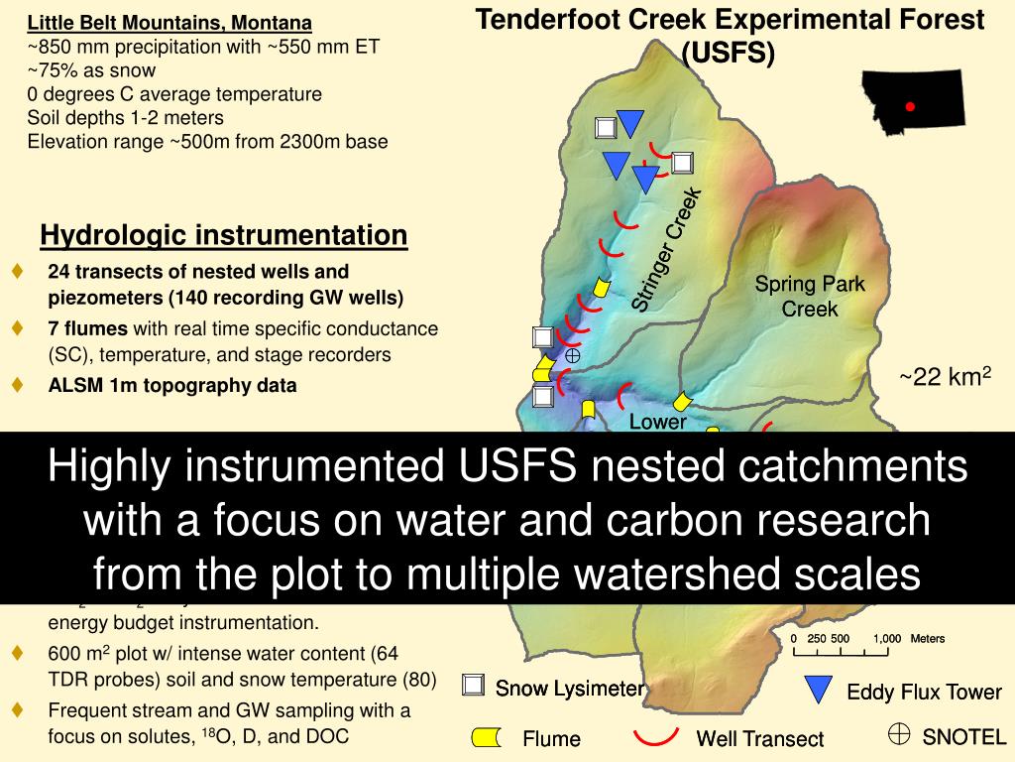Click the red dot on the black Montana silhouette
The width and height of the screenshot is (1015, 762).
click(x=910, y=106)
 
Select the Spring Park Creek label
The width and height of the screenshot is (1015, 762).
click(x=810, y=297)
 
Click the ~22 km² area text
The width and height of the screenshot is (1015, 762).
click(x=945, y=377)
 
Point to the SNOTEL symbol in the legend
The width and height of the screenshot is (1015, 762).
click(x=898, y=733)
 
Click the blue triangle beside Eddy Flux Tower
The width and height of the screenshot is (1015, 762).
click(x=819, y=690)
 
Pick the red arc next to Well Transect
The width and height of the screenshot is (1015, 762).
click(x=656, y=735)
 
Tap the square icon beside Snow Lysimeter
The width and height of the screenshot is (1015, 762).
click(x=475, y=686)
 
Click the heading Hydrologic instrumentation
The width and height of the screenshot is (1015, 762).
click(x=224, y=235)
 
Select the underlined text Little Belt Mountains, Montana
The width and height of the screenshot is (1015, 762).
click(x=169, y=22)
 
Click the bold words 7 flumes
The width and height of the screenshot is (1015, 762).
click(x=88, y=328)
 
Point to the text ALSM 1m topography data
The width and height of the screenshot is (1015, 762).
click(x=172, y=386)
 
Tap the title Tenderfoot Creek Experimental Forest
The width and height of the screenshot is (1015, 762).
click(x=731, y=19)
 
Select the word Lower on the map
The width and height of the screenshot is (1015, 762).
click(x=658, y=422)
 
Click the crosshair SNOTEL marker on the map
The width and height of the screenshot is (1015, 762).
click(x=572, y=354)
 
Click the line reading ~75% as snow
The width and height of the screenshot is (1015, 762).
click(x=91, y=69)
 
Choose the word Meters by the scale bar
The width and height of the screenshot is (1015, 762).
click(x=928, y=639)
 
